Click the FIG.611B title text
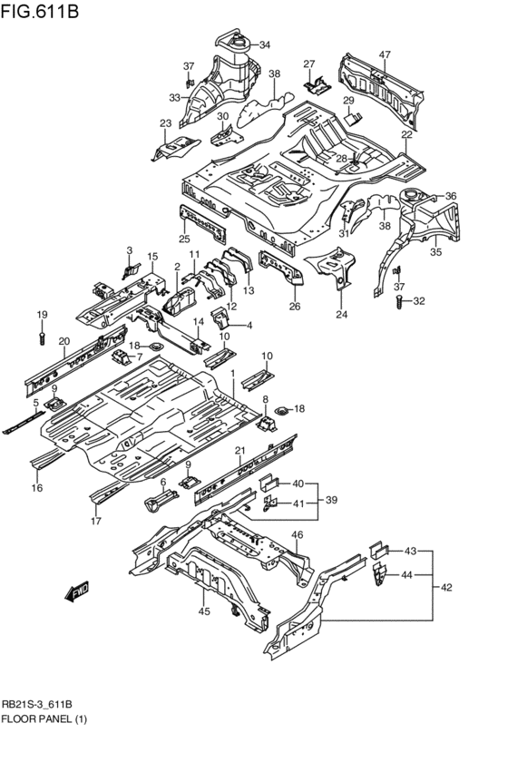pos(40,10)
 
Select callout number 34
pos(265,45)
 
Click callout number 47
pos(385,54)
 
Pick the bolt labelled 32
pos(399,301)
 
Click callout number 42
pos(446,587)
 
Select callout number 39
pos(331,500)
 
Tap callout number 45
pos(204,611)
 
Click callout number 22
pos(406,135)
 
